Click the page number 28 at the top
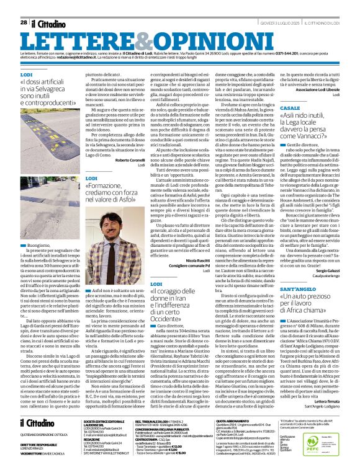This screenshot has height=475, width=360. coord(23,6)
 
